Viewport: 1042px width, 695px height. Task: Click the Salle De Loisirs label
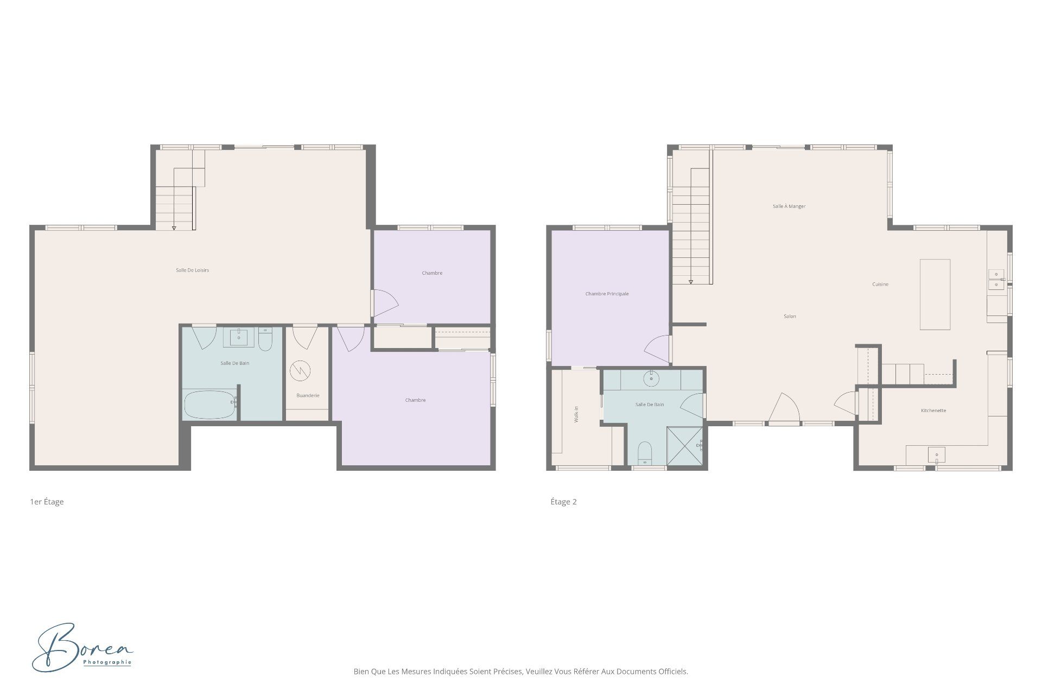[x=192, y=270]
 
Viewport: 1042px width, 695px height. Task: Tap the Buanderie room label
[x=308, y=395]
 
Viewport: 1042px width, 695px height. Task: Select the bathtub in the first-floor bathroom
[x=209, y=405]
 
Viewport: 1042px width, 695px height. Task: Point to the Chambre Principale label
[x=607, y=294]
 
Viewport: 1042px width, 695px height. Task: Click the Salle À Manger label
[x=789, y=206]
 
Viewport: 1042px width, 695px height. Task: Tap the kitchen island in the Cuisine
[x=935, y=294]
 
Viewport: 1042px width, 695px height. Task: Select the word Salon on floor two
[x=790, y=316]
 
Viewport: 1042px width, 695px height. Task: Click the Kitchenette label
[x=933, y=410]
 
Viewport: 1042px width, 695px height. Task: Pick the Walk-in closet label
[x=576, y=415]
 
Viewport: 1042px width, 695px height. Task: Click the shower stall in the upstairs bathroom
[x=684, y=446]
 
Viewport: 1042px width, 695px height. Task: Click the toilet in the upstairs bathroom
[x=644, y=453]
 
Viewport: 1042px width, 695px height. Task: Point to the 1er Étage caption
[x=47, y=502]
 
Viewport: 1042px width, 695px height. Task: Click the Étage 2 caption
[x=563, y=502]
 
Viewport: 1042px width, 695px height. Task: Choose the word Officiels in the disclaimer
[x=674, y=672]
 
